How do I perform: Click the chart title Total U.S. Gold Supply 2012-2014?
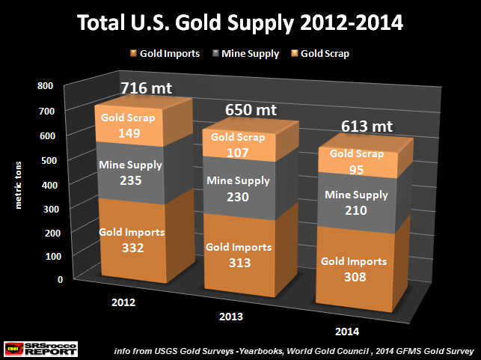click(x=241, y=23)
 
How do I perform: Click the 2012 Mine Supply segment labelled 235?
click(x=125, y=171)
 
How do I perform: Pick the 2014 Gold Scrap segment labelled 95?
click(x=354, y=160)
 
